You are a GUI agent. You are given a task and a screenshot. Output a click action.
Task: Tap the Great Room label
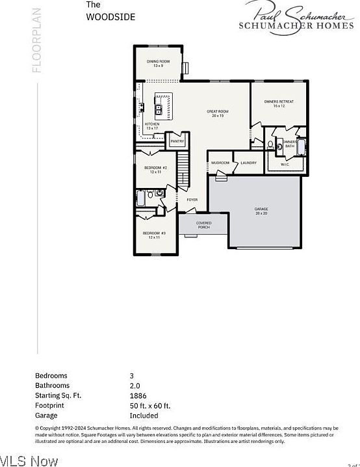(216, 113)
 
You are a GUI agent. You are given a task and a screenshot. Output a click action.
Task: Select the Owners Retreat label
(279, 104)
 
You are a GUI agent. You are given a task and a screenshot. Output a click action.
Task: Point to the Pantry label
(177, 141)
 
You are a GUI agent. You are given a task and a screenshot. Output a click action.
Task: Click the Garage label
(261, 211)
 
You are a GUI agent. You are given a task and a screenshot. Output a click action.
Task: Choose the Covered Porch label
(203, 225)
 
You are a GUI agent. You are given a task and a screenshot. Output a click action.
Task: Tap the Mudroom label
(220, 163)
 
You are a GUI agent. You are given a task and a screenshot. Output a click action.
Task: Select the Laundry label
(248, 163)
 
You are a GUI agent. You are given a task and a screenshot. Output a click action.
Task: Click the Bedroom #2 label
(155, 169)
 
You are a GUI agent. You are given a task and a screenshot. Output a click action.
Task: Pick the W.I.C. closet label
(285, 165)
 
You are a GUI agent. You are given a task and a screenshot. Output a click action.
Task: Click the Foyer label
(192, 200)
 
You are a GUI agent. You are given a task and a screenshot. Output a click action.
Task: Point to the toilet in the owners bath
(270, 144)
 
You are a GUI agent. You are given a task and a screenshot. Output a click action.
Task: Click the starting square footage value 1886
(138, 395)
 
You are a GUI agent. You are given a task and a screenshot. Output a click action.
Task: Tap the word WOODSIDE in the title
(110, 18)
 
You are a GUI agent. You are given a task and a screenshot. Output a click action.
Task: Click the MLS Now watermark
(29, 460)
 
